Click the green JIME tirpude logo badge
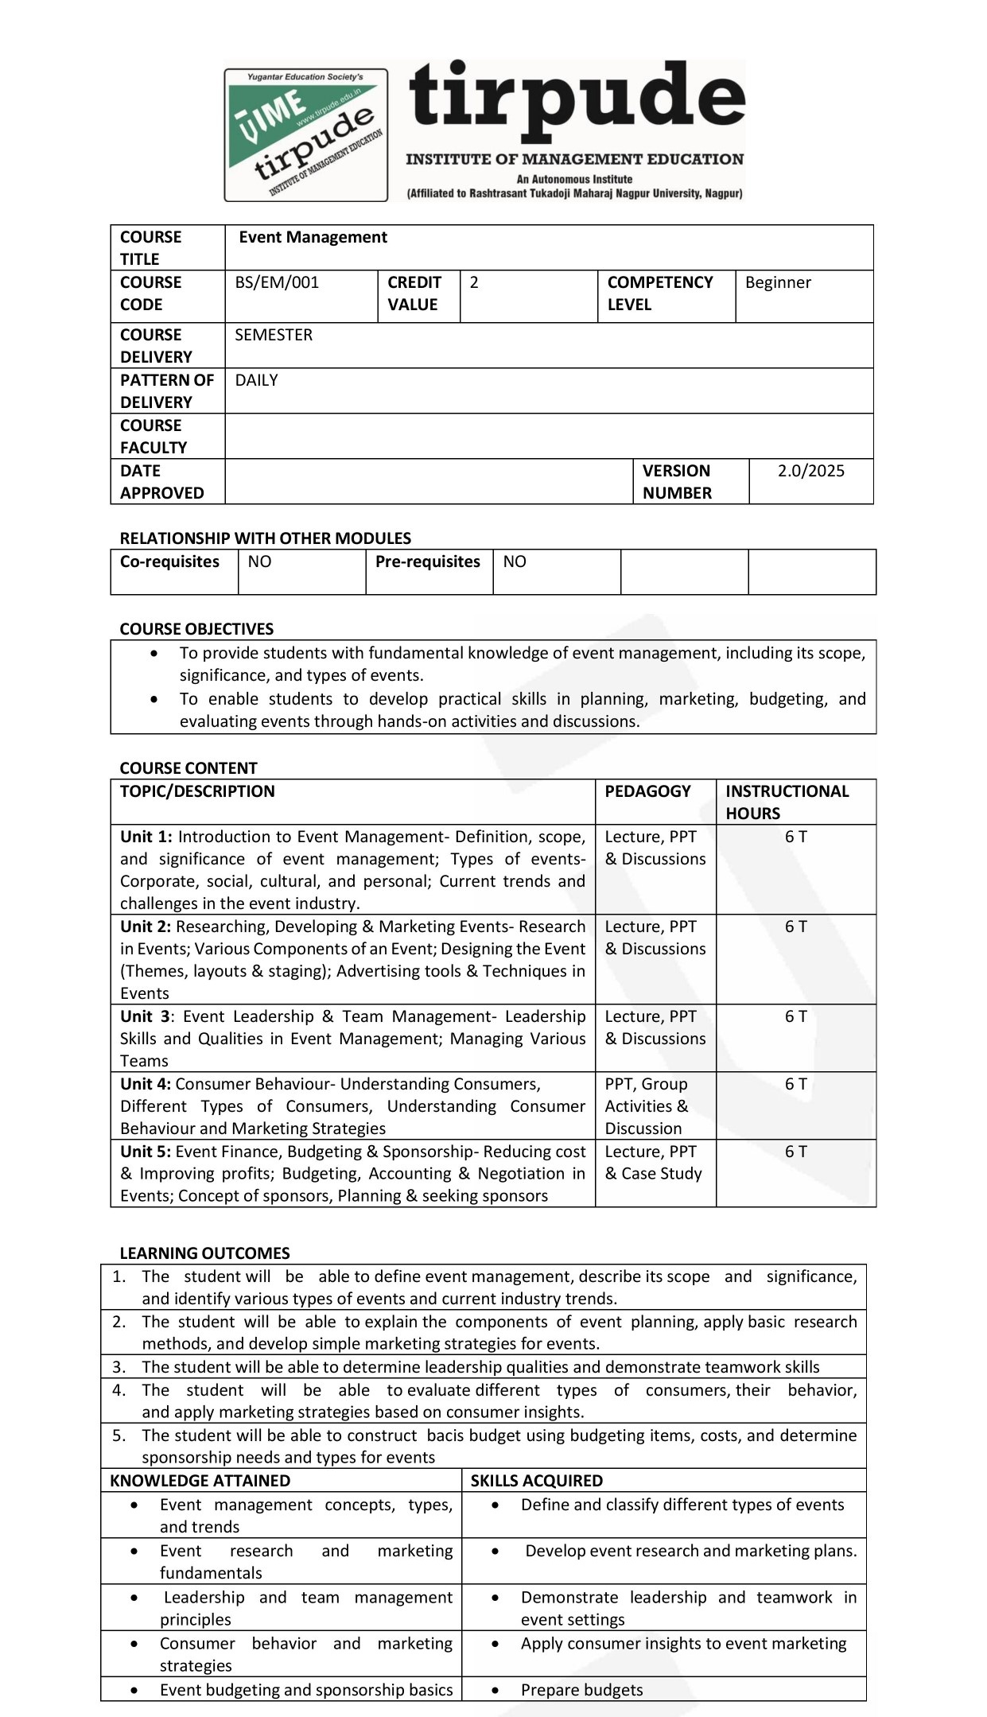[306, 134]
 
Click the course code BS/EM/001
[277, 283]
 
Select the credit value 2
[474, 283]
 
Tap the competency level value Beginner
[778, 283]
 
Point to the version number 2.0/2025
[810, 471]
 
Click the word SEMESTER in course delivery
[274, 335]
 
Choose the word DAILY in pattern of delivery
[256, 380]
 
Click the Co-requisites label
[169, 561]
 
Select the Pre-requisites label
[428, 561]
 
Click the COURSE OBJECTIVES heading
[196, 629]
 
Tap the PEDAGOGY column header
[647, 791]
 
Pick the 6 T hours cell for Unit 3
[795, 1016]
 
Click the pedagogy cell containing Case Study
[654, 1163]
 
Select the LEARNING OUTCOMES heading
[204, 1253]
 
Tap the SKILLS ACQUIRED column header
[537, 1481]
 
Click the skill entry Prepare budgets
[581, 1690]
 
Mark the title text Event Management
[313, 237]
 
